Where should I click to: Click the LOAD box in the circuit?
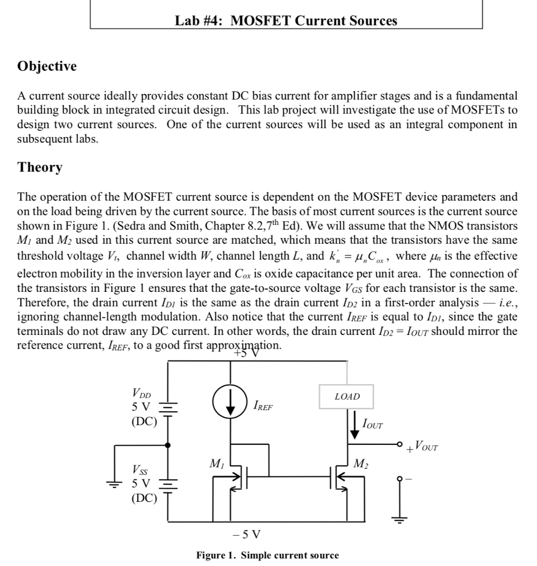pyautogui.click(x=347, y=396)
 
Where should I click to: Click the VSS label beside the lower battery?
pyautogui.click(x=140, y=470)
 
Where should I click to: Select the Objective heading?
pyautogui.click(x=47, y=66)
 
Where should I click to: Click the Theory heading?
pyautogui.click(x=40, y=167)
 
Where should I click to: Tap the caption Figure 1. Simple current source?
pyautogui.click(x=268, y=555)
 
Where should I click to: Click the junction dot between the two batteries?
pyautogui.click(x=167, y=444)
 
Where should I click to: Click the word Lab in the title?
pyautogui.click(x=186, y=21)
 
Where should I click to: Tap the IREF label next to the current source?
pyautogui.click(x=262, y=407)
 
